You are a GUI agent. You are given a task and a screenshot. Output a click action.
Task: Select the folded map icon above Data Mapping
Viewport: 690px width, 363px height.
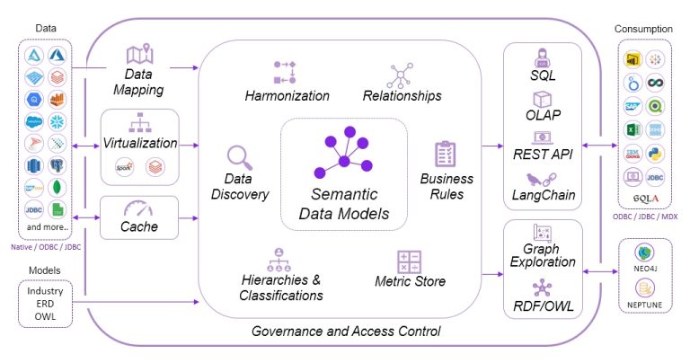139,56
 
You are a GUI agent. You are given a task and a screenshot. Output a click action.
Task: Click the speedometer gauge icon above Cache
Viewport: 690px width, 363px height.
139,208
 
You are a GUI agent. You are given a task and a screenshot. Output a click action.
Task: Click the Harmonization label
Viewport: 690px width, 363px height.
287,95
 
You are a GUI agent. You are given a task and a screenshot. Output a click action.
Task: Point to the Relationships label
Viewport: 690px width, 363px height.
402,95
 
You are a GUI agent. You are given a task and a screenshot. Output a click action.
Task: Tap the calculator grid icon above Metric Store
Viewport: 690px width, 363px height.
409,262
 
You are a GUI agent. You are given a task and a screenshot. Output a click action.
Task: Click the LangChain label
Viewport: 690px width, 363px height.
543,195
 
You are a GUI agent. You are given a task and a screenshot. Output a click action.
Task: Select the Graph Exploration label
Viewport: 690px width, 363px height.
543,255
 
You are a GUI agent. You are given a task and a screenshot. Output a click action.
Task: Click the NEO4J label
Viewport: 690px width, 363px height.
648,267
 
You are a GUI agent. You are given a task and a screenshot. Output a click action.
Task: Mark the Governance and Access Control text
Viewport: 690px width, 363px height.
345,332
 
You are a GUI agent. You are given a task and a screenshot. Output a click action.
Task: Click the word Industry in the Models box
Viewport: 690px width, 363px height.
45,292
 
